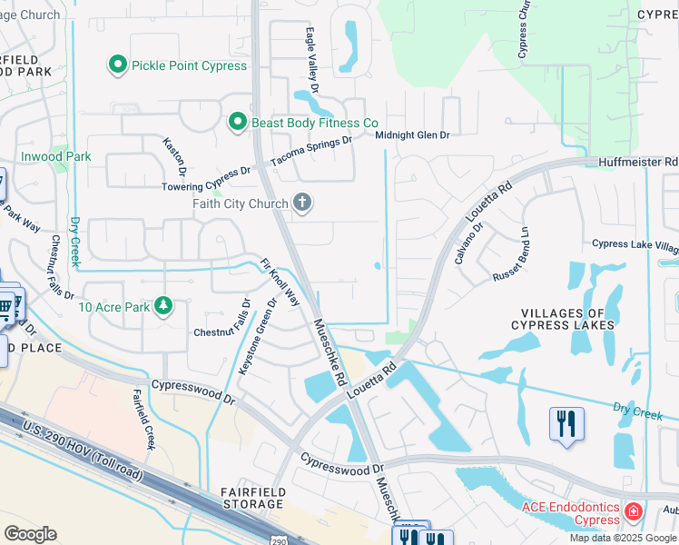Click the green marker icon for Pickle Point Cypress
pyautogui.click(x=117, y=65)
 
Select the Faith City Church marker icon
pyautogui.click(x=302, y=203)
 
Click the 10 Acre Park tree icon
pyautogui.click(x=163, y=306)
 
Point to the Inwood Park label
pyautogui.click(x=56, y=156)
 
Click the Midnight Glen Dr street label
pyautogui.click(x=413, y=135)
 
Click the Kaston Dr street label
pyautogui.click(x=174, y=156)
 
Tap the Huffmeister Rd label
pyautogui.click(x=637, y=162)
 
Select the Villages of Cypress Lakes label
pyautogui.click(x=563, y=316)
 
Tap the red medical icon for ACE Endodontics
pyautogui.click(x=633, y=514)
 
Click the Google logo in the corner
pyautogui.click(x=29, y=534)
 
